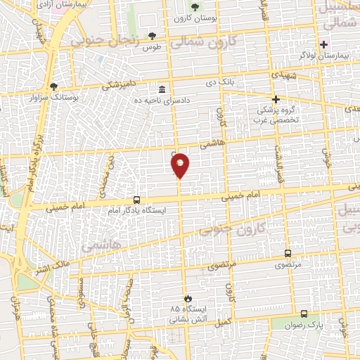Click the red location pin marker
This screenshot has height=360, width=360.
180,165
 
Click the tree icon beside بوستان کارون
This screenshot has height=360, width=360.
195,8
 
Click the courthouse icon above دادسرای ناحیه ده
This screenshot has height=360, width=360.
162,89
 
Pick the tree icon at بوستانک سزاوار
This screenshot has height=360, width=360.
54,86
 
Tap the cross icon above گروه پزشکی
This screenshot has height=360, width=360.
276,99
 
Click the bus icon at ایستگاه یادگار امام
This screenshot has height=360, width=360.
136,199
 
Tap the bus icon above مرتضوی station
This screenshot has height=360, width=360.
288,253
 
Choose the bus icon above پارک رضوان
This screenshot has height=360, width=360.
304,314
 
